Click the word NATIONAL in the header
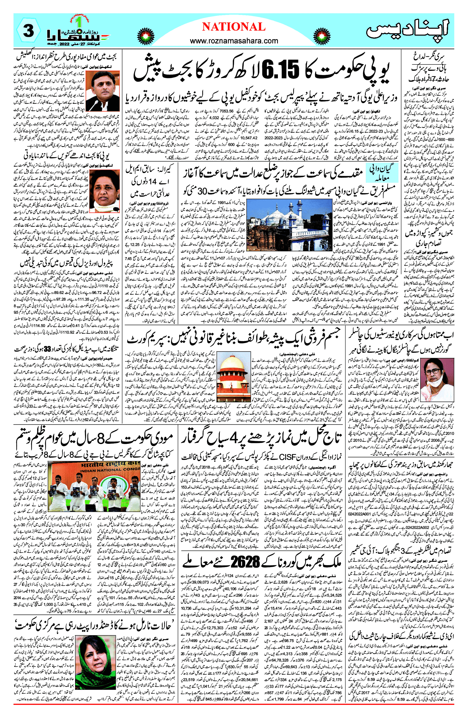point(234,27)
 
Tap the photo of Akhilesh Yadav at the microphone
point(103,91)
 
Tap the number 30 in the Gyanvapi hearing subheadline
point(203,191)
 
